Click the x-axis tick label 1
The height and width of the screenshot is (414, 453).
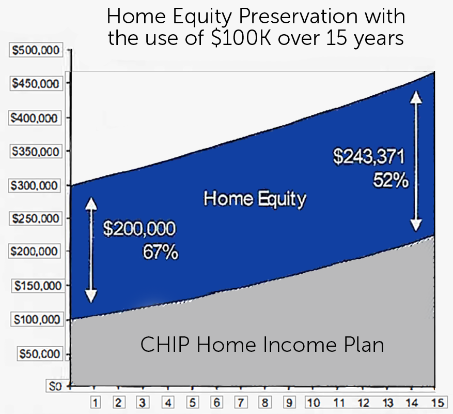click(95, 402)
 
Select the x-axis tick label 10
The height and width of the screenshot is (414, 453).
click(313, 402)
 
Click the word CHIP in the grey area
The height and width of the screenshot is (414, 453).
click(161, 345)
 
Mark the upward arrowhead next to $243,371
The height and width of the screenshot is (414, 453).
click(416, 97)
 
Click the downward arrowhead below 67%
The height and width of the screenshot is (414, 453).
click(91, 295)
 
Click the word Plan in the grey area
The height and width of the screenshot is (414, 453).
click(364, 345)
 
